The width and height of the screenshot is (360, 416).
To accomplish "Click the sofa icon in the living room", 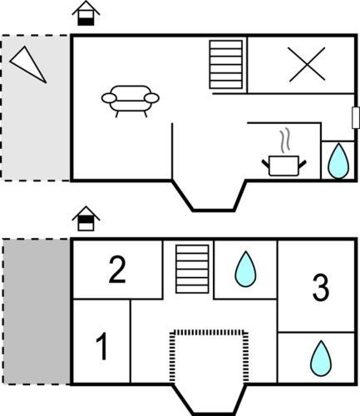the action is (131, 101).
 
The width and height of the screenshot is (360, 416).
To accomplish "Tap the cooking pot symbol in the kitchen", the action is (284, 166).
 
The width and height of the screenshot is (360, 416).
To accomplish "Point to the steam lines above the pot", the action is (285, 141).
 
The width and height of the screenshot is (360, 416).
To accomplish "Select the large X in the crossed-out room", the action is (306, 64).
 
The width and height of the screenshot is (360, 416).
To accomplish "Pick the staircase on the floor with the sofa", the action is (226, 65).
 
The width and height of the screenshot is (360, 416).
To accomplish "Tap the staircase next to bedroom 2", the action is (192, 269).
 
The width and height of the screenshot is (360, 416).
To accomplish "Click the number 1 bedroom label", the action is (102, 346).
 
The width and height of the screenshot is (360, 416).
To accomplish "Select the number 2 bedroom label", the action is (117, 270).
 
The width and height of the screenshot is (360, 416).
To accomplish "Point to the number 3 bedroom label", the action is (321, 288).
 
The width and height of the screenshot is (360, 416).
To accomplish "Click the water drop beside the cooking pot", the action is (338, 161).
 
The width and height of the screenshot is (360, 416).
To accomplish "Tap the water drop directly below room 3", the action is (321, 358).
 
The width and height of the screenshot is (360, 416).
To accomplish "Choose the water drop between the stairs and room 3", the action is (245, 269).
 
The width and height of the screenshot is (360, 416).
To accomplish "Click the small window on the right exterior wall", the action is (356, 117).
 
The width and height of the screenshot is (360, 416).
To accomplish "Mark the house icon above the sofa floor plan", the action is (86, 13).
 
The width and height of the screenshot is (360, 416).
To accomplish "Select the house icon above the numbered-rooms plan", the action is (86, 219).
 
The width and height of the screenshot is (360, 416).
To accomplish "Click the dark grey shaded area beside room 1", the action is (37, 311).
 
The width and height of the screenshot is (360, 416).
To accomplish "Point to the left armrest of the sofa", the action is (109, 98).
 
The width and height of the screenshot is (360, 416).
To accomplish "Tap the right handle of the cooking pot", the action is (303, 164).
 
